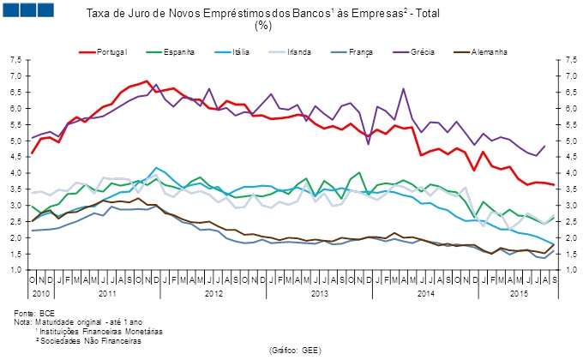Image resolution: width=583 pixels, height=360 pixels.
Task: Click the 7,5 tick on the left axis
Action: point(17,61)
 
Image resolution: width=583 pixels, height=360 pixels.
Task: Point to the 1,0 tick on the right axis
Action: point(567,270)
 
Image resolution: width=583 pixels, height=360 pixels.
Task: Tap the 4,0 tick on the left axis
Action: point(17,173)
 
